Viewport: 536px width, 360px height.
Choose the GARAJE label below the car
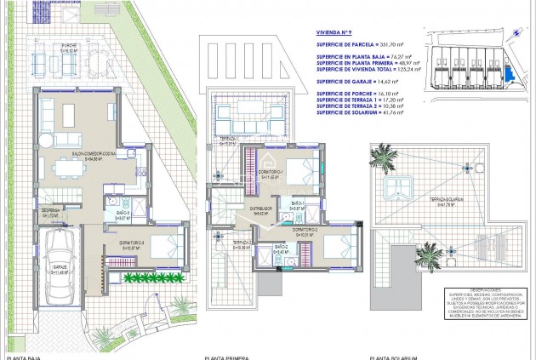60,271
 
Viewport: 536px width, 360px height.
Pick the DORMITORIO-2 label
305,231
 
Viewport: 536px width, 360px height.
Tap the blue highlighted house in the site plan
508,76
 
